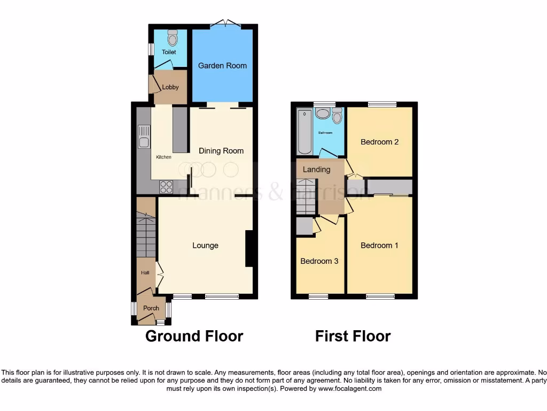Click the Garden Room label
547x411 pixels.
click(x=222, y=66)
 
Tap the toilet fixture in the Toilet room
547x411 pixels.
click(x=172, y=37)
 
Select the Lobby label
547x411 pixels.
click(x=170, y=87)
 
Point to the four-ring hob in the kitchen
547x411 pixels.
click(x=166, y=187)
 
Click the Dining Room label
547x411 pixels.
click(x=221, y=151)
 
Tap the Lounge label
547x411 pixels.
click(x=205, y=246)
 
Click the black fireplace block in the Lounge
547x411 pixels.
click(x=249, y=248)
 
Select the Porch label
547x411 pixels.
click(x=151, y=308)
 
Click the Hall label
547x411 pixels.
click(x=145, y=272)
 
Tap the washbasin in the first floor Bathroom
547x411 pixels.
click(x=323, y=113)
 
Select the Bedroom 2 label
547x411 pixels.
click(x=379, y=142)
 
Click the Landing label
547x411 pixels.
click(x=317, y=170)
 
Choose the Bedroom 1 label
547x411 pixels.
click(x=379, y=246)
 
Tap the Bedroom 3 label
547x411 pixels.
click(x=319, y=262)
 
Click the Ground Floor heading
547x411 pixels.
click(x=194, y=336)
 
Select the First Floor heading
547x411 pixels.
click(x=353, y=336)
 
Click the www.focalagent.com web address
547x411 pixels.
click(x=350, y=389)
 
